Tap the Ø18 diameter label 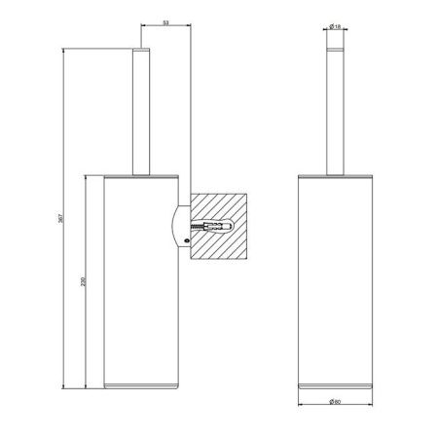tap(333, 29)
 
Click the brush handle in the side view tap(141, 112)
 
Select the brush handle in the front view tap(333, 112)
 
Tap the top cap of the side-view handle tap(141, 49)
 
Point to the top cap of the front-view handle tap(333, 49)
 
